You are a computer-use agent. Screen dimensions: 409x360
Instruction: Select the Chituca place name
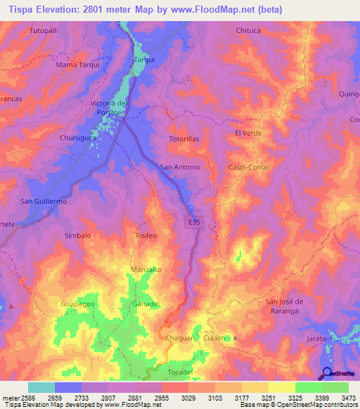coord(248,31)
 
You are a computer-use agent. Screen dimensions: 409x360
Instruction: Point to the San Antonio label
coord(181,167)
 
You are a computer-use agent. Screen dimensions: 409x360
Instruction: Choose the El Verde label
coord(247,132)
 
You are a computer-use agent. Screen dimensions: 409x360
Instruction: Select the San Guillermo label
coord(43,201)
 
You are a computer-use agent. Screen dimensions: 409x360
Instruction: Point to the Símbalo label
coord(78,235)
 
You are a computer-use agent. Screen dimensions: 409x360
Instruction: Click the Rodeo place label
coord(146,235)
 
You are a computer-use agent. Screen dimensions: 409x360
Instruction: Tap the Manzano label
coord(146,269)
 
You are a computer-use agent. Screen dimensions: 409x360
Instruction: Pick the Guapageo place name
coord(77,304)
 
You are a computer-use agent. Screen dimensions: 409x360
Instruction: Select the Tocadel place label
coord(180,372)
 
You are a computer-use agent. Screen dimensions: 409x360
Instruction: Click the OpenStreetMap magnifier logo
coord(327,373)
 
